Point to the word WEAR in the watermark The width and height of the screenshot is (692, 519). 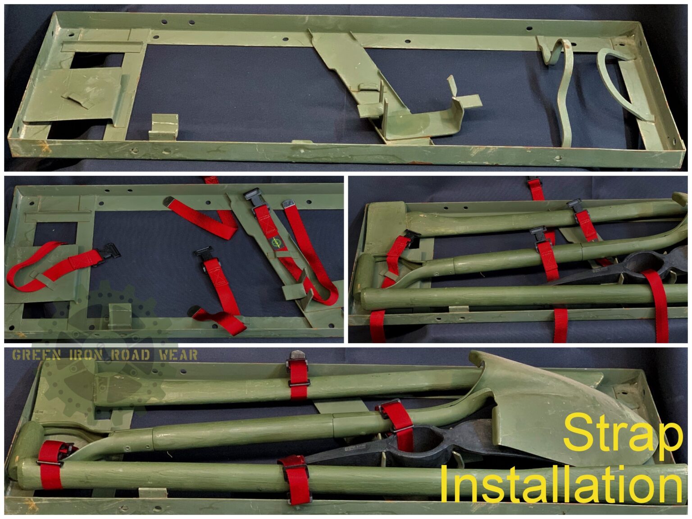coord(178,355)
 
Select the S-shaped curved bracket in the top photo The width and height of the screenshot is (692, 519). coord(563,90)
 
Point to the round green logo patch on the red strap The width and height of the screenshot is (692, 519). coord(274,242)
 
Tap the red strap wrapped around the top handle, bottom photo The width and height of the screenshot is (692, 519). coord(298,378)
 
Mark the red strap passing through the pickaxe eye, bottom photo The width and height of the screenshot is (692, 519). coord(401,426)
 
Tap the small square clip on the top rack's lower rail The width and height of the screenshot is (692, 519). coord(163,126)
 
